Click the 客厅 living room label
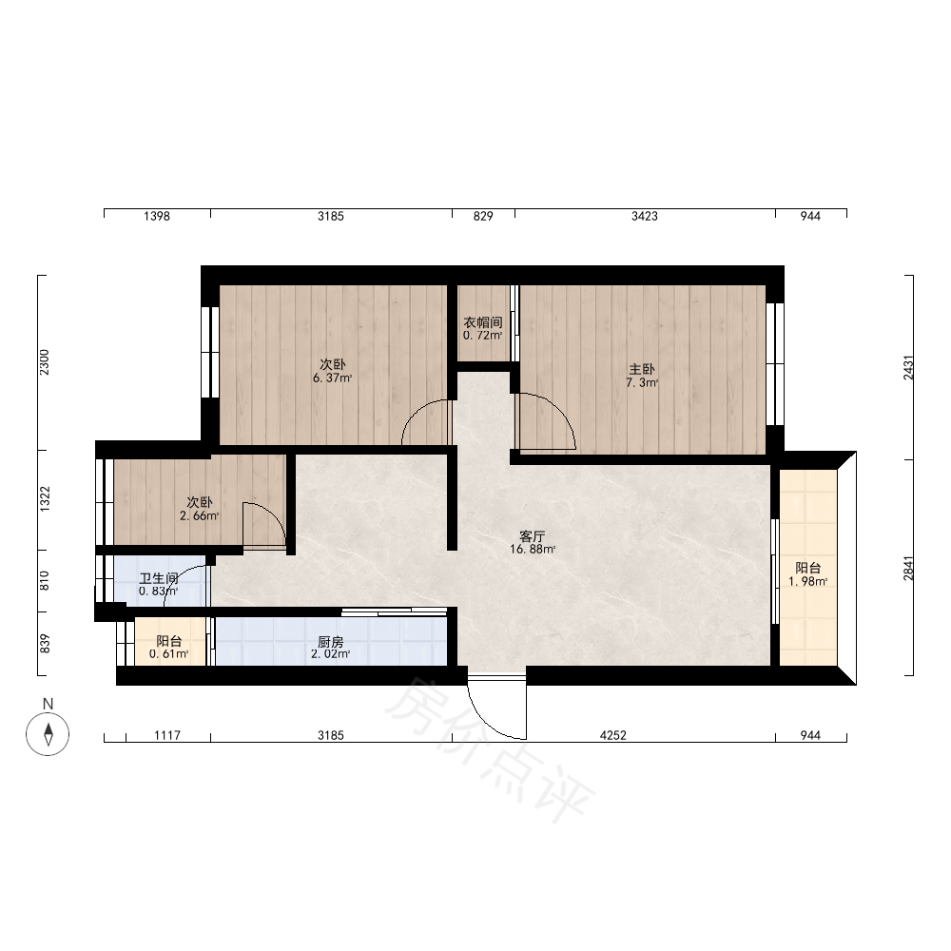tap(532, 536)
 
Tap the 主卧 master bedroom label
tap(642, 369)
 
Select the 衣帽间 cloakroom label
tap(483, 322)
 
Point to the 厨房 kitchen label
tap(331, 641)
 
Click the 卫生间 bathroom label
tap(158, 578)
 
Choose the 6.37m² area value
tap(332, 378)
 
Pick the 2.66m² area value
tap(199, 516)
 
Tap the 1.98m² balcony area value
tap(807, 582)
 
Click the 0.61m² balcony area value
tap(168, 654)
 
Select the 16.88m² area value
tap(533, 550)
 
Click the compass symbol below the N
tap(48, 734)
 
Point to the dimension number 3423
tap(644, 216)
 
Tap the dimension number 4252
tap(612, 735)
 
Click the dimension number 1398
tap(157, 216)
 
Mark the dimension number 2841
tap(908, 569)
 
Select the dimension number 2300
tap(45, 362)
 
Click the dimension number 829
tap(483, 216)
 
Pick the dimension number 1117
tap(167, 735)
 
